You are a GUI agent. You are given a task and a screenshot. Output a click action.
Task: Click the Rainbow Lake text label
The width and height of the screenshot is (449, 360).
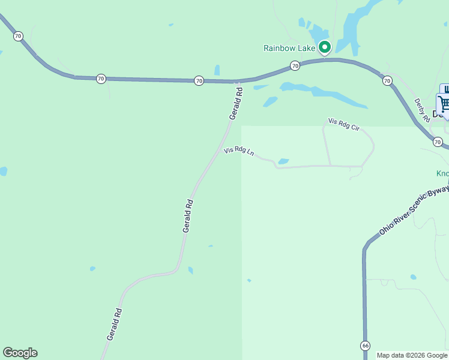coord(289,48)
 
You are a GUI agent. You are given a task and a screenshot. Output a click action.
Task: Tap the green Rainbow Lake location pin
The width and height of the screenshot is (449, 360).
coord(325,47)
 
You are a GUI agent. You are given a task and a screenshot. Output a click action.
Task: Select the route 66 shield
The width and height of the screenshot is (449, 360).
coord(365,346)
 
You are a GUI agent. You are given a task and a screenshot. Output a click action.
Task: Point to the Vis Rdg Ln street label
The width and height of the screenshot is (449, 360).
coord(239,151)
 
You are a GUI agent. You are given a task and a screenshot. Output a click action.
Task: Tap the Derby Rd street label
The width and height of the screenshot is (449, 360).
coord(422,110)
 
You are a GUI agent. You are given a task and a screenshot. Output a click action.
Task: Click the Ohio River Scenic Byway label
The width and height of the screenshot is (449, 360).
coord(413,211)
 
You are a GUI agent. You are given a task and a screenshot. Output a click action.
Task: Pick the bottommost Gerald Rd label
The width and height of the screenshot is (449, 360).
coord(115,325)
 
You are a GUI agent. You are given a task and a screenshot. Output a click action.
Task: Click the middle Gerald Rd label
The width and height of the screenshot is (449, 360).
coord(188,215)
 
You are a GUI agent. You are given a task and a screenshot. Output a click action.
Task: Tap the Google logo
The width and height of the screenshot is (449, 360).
coord(20,353)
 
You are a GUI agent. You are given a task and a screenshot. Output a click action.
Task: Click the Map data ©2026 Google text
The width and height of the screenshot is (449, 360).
coord(412,355)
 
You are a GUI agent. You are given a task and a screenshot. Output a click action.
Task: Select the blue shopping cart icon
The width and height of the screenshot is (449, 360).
coord(444,103)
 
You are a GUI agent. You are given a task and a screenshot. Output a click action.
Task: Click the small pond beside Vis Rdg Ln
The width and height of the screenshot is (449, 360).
coord(283,161)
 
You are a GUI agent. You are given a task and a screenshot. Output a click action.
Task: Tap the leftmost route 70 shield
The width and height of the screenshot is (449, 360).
coord(18,36)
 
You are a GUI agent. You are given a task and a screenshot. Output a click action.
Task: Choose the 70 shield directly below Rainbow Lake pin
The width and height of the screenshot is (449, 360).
coord(295,65)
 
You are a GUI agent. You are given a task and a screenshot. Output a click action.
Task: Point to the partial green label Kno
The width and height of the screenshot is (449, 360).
coord(442,173)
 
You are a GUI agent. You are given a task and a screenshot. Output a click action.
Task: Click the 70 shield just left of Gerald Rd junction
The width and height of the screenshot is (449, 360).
coord(199,80)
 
